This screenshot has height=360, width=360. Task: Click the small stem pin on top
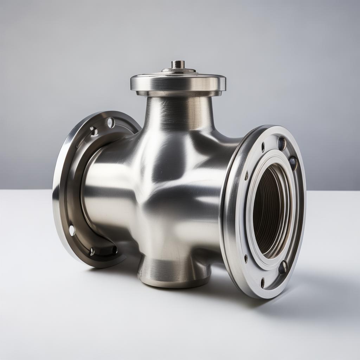click(x=178, y=64)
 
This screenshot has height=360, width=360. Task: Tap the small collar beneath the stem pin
click(x=179, y=70)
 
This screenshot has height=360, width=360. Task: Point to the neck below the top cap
click(x=179, y=112)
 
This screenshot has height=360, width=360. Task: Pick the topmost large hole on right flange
click(x=282, y=143)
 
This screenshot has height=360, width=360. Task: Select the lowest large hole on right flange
click(x=282, y=268)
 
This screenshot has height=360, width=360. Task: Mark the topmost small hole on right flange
click(x=263, y=147)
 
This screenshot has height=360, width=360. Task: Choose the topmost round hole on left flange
click(x=111, y=123)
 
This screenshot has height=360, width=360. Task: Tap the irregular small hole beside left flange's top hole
click(x=94, y=131)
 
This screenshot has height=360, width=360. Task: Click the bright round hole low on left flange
click(x=72, y=230)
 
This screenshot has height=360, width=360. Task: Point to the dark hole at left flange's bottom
click(x=92, y=251)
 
